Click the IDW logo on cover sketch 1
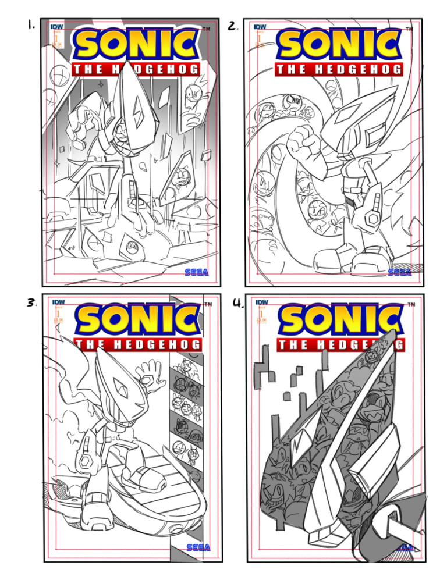[57, 27]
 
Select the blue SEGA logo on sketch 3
[198, 547]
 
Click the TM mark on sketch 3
[208, 304]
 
